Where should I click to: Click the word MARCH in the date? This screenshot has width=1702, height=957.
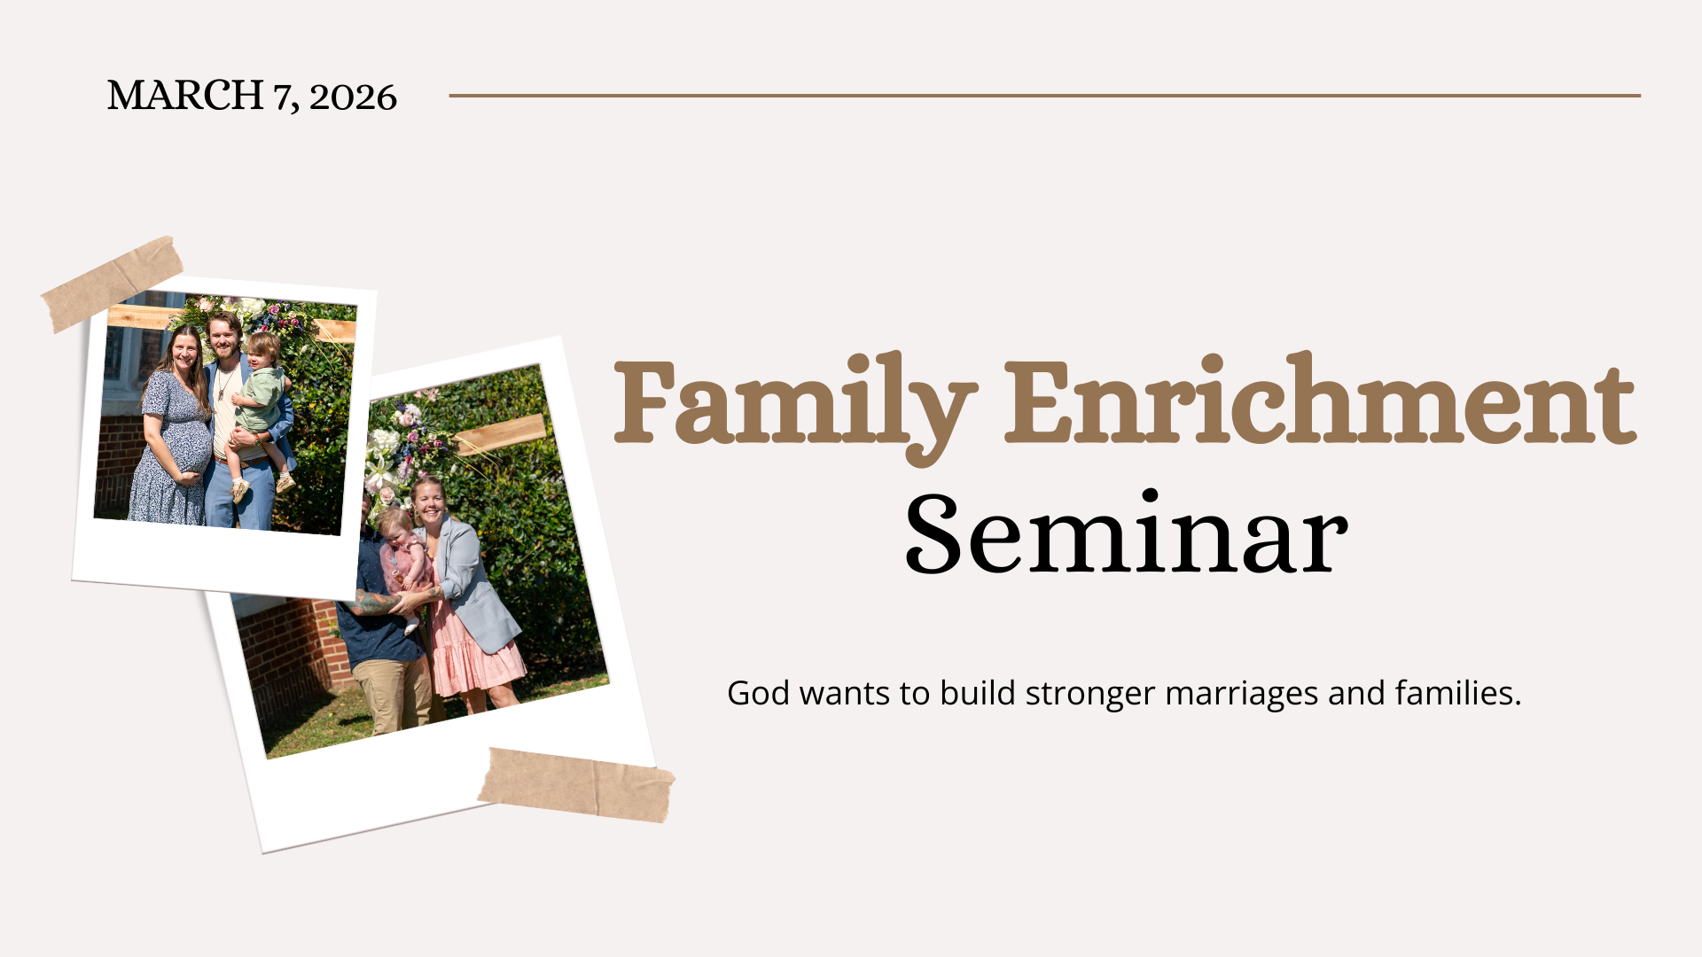pos(185,96)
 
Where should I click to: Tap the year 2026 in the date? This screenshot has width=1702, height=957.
pos(353,97)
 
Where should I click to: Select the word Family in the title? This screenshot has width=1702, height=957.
pos(795,407)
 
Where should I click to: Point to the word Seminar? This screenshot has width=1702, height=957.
pos(1126,533)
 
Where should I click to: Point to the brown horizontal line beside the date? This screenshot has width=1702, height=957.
pos(1044,95)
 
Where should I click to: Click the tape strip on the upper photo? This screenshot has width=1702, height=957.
pos(112,284)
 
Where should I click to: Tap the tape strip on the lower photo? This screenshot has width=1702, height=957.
pos(576,784)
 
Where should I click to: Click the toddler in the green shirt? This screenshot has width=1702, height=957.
pos(261,408)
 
